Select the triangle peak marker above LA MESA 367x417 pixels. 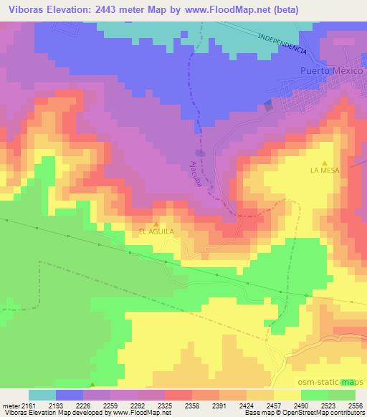point(325,162)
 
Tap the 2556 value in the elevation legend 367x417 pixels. point(355,405)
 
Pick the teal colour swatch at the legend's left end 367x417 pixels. point(42,395)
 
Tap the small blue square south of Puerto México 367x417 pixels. point(269,105)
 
